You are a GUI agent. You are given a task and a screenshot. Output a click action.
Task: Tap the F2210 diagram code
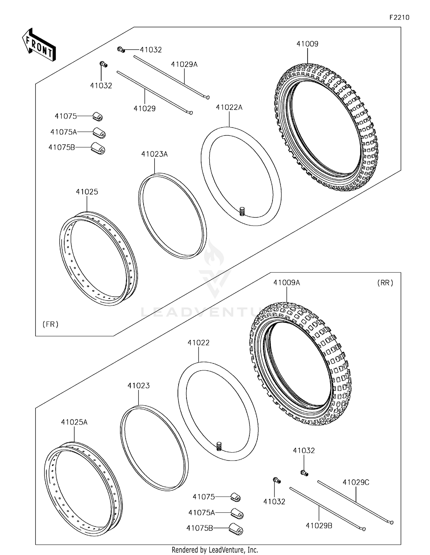(399, 17)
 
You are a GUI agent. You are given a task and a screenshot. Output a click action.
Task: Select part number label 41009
(307, 44)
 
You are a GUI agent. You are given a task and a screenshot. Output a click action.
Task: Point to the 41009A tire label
(287, 283)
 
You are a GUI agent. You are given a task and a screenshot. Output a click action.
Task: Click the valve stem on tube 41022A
(242, 211)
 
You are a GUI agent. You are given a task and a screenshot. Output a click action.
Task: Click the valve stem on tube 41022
(219, 446)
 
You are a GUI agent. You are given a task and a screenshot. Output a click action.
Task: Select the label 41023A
(155, 154)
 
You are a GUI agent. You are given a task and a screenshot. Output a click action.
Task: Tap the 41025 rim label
(87, 192)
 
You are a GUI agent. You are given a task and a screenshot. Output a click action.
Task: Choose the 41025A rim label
(74, 422)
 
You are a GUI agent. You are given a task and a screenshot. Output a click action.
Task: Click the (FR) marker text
(50, 324)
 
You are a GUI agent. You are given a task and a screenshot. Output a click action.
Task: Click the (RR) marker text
(385, 283)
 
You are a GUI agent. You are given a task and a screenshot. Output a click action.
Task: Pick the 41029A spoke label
(184, 64)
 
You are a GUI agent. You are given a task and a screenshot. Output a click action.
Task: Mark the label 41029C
(356, 482)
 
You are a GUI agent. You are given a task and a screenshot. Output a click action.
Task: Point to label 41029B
(319, 526)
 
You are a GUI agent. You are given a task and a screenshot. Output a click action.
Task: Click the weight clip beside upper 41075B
(98, 149)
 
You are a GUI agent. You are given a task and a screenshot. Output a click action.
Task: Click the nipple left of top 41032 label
(121, 50)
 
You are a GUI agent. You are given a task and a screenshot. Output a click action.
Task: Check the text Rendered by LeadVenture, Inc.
(215, 550)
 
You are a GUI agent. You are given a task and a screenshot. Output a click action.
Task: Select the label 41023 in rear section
(139, 386)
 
